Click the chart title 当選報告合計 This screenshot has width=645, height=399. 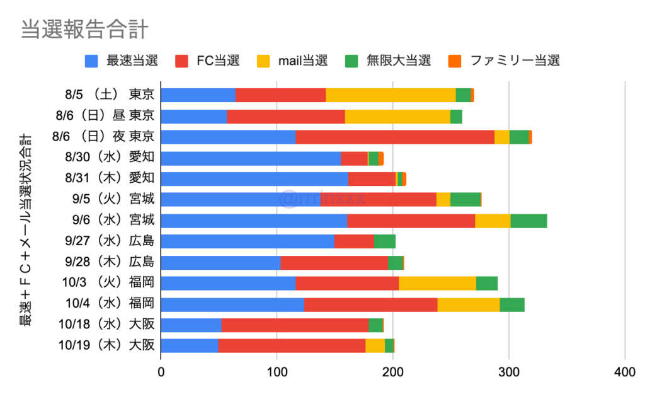84,30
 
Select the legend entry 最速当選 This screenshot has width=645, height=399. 121,61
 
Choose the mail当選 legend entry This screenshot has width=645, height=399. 293,61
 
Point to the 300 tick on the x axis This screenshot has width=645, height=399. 509,373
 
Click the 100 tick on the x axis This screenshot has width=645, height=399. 277,373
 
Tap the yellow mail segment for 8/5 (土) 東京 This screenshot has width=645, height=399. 391,95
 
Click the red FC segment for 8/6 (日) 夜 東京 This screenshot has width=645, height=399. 395,137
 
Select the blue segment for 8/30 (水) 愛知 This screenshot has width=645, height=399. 251,158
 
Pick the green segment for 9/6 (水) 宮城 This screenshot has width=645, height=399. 528,221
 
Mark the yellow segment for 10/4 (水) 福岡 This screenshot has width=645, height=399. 468,304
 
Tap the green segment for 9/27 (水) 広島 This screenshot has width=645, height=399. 384,241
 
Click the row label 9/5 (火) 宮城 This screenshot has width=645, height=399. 113,200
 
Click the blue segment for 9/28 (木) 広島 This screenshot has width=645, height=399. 220,262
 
